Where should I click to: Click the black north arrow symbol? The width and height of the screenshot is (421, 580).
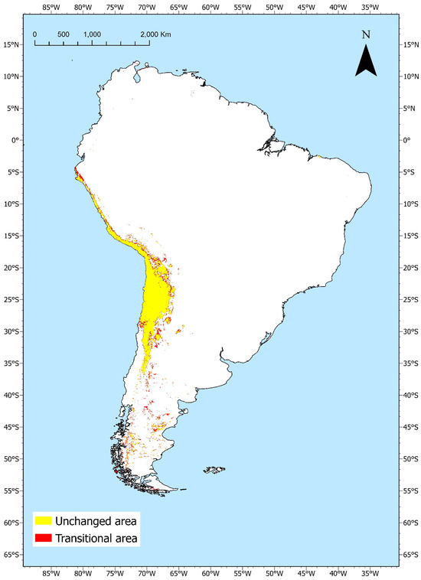tap(366, 60)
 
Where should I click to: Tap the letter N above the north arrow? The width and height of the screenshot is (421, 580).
tap(366, 34)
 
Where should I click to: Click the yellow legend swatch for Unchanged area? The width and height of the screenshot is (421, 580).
tap(43, 521)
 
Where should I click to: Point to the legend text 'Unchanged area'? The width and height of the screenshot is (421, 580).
tap(95, 521)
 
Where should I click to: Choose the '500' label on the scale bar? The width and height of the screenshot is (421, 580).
tap(63, 35)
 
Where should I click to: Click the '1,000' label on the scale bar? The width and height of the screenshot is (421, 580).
tap(92, 35)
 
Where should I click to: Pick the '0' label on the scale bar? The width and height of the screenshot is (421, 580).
tap(34, 35)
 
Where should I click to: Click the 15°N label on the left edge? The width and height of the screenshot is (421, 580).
tap(11, 44)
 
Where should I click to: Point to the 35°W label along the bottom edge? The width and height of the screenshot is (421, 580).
tap(369, 572)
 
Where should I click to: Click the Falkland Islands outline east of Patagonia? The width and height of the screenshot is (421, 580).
tap(214, 470)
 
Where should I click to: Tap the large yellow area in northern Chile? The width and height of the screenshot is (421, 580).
tap(155, 306)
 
